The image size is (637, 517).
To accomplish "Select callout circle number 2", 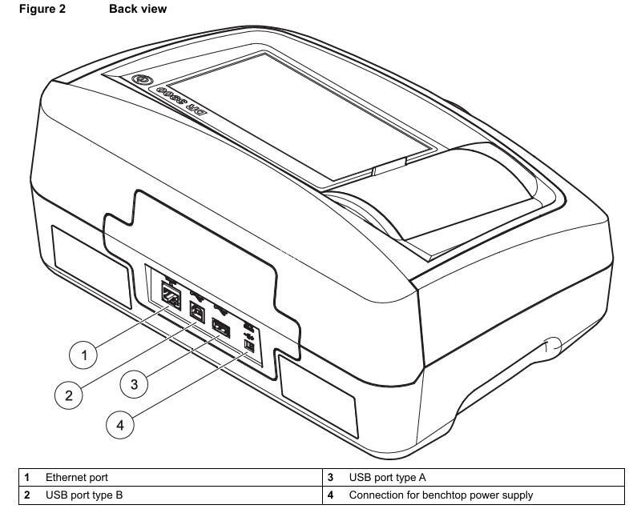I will pos(69,395).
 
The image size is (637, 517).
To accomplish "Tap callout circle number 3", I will pos(134,384).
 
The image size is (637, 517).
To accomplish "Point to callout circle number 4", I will pos(120,424).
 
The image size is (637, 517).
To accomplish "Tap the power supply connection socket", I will pos(248,345).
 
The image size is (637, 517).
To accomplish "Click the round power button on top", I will pos(141,81).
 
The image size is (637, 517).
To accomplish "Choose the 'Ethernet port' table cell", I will pos(76,478).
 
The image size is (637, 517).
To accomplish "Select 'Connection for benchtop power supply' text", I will pos(441,495).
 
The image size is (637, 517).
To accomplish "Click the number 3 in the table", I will pos(331,478).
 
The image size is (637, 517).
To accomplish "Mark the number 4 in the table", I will pos(331,495).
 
